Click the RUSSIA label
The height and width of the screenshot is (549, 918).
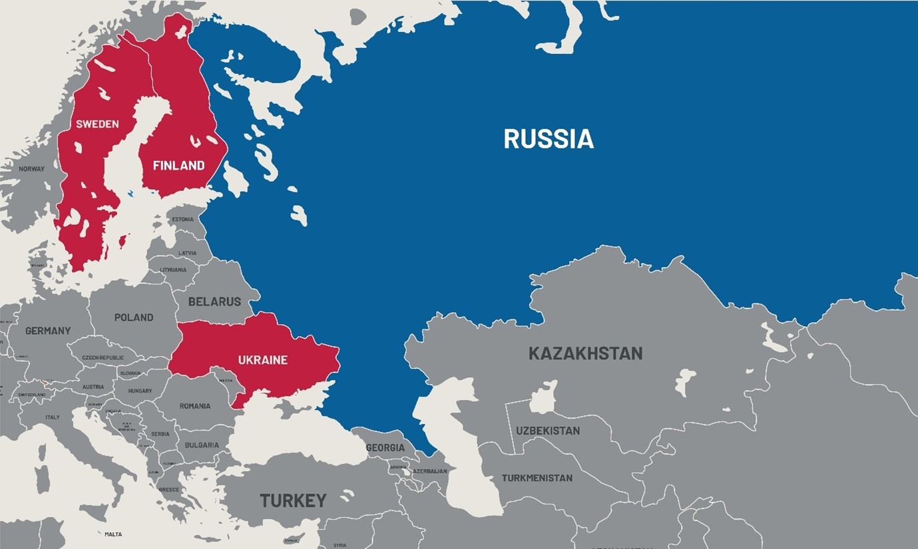point(548,139)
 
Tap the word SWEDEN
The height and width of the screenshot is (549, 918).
point(97,124)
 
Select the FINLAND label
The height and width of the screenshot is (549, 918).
point(178,166)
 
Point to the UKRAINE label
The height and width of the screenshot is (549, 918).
point(263,360)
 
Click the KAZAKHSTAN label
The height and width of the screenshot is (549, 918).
point(585,353)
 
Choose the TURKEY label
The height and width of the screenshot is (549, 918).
point(293,500)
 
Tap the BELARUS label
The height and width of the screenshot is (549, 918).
point(214,301)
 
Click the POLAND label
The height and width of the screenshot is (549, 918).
point(134,317)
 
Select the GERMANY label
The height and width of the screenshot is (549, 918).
point(48,331)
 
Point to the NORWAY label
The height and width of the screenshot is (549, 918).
point(31,169)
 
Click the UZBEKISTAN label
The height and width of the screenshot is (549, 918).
point(548,431)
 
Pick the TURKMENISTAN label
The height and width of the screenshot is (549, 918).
point(537,478)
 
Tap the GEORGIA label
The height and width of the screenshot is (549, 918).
point(385,448)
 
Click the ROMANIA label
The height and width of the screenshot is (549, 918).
point(195,406)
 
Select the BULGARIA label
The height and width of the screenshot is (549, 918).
point(202,445)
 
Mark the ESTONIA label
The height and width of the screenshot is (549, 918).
point(183,220)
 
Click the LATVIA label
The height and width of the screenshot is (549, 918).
point(188,254)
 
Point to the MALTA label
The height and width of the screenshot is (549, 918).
point(113,534)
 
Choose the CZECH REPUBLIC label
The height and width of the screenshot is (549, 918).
point(103,357)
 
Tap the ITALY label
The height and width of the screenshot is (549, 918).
point(52,417)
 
